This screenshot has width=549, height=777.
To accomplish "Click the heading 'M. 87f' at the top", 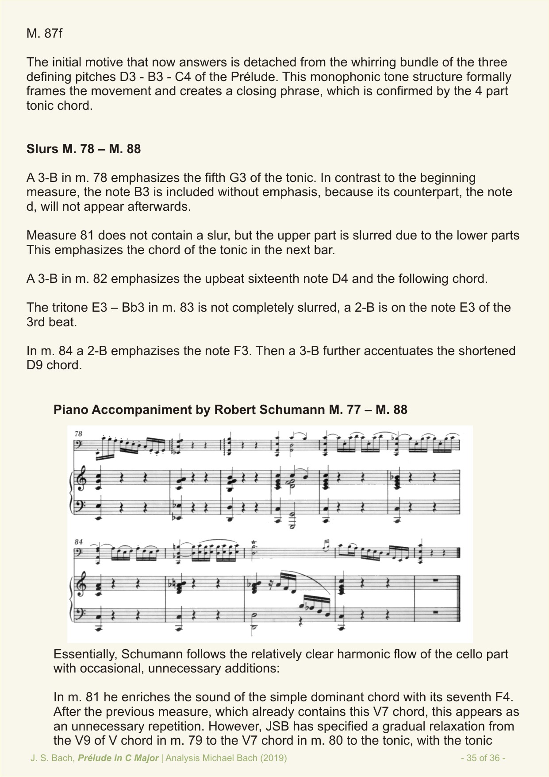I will pos(44,34).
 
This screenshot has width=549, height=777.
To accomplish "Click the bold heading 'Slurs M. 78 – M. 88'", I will pos(84,149).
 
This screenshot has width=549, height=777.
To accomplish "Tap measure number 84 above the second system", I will pos(78,541).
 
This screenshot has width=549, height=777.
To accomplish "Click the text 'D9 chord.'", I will pos(54,366).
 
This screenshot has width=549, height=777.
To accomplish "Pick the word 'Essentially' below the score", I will pos(84,654).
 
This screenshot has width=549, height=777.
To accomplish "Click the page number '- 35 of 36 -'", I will pos(483,758).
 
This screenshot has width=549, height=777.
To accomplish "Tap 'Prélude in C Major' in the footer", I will pos(118,758).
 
